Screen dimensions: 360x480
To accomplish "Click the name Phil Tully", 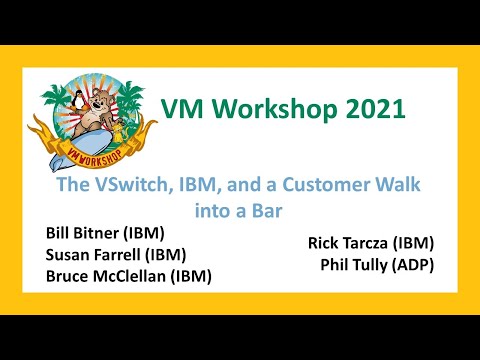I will tap(354, 265).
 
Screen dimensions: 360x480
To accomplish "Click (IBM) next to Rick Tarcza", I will tap(412, 243).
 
